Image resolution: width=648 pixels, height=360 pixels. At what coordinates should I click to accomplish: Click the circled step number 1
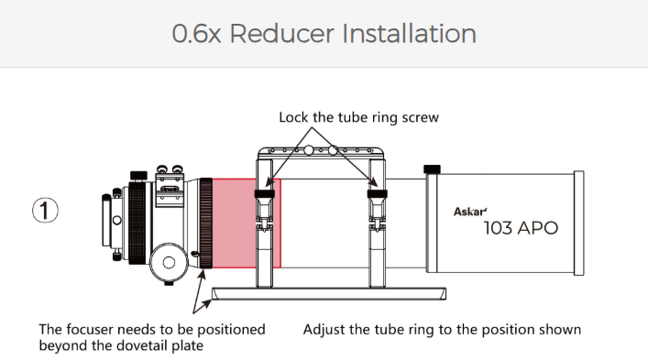(45, 210)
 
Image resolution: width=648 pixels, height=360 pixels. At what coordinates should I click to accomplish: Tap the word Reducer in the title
(281, 34)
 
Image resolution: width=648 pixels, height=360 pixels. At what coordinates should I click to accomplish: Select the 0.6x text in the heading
(196, 34)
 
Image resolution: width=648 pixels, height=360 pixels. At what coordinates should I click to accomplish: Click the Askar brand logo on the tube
(470, 212)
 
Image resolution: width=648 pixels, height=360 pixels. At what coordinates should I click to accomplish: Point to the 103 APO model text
(521, 228)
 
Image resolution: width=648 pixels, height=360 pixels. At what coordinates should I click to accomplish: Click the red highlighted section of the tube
(247, 223)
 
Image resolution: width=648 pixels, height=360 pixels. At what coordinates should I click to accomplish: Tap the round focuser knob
(169, 262)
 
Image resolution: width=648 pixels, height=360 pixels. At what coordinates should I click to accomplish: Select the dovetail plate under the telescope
(329, 293)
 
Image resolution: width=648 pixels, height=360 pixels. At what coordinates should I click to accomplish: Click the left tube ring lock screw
(265, 193)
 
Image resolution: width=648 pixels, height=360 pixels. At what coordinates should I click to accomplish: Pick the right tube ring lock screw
(378, 193)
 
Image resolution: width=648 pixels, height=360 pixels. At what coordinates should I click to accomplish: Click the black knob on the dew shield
(432, 169)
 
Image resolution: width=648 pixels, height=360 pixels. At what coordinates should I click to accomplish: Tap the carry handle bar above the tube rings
(321, 152)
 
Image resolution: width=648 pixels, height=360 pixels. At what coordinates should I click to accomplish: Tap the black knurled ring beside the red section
(206, 224)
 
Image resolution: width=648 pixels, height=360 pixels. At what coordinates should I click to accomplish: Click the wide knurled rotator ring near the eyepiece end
(137, 223)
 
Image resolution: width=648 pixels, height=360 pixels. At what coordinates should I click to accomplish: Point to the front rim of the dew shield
(579, 223)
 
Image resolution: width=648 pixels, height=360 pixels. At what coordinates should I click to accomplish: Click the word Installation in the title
(409, 34)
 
